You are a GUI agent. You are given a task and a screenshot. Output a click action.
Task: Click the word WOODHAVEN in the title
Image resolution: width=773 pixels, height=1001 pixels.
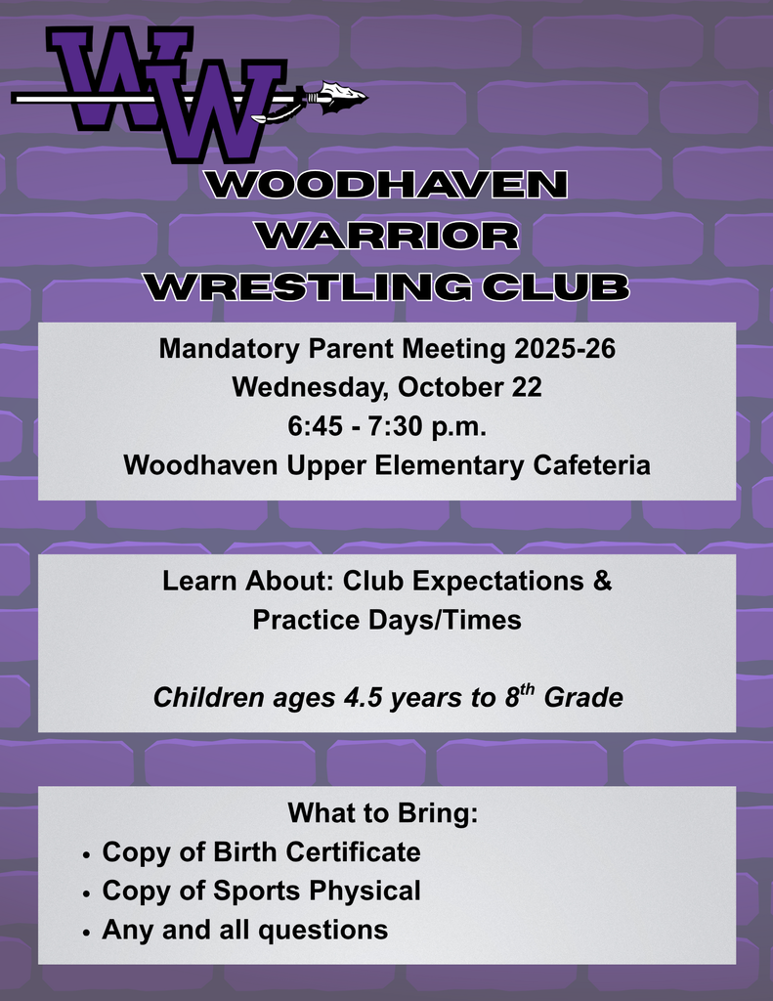click(x=387, y=185)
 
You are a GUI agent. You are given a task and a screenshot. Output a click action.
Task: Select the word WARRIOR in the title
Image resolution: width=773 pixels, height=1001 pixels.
click(x=387, y=236)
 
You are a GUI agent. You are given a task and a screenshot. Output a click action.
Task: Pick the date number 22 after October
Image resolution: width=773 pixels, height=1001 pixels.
click(x=526, y=387)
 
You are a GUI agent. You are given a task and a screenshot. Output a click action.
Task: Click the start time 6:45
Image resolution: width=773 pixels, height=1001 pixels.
click(x=313, y=426)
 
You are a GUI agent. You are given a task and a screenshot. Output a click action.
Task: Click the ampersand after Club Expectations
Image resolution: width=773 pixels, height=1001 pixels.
click(x=603, y=581)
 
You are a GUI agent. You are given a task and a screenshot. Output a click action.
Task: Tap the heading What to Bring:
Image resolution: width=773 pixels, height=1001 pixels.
click(x=382, y=813)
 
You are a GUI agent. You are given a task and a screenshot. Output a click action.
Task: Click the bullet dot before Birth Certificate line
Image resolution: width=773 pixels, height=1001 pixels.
click(x=86, y=854)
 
